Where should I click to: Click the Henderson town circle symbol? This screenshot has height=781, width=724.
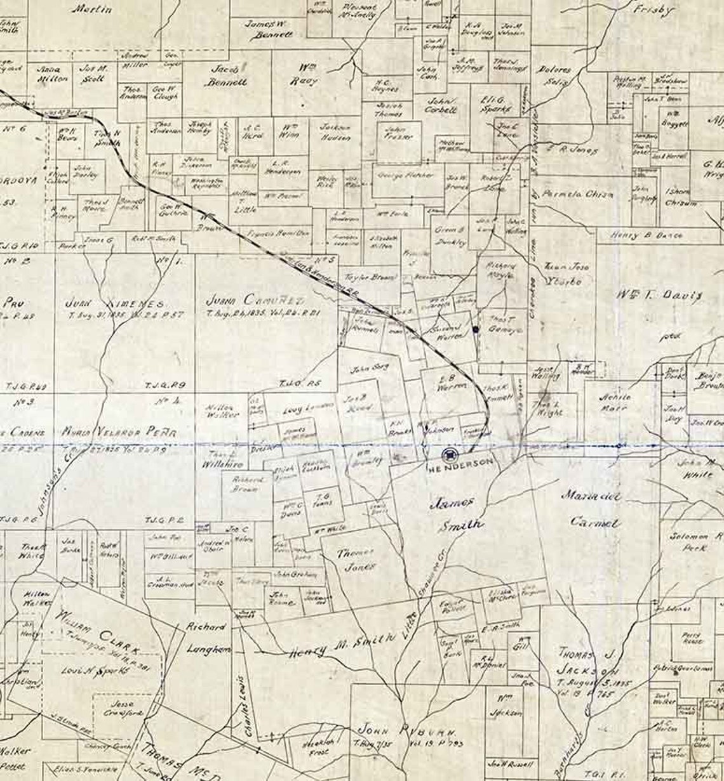[450, 454]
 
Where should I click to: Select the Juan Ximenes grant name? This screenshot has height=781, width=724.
[115, 303]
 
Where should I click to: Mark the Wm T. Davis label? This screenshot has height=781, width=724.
[660, 294]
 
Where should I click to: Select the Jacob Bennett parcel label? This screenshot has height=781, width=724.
[226, 75]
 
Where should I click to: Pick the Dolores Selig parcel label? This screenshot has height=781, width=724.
[554, 75]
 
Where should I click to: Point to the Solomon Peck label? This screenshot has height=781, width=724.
[696, 541]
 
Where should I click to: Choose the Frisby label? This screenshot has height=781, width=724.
[653, 10]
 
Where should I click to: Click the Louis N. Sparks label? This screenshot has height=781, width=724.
[87, 670]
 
